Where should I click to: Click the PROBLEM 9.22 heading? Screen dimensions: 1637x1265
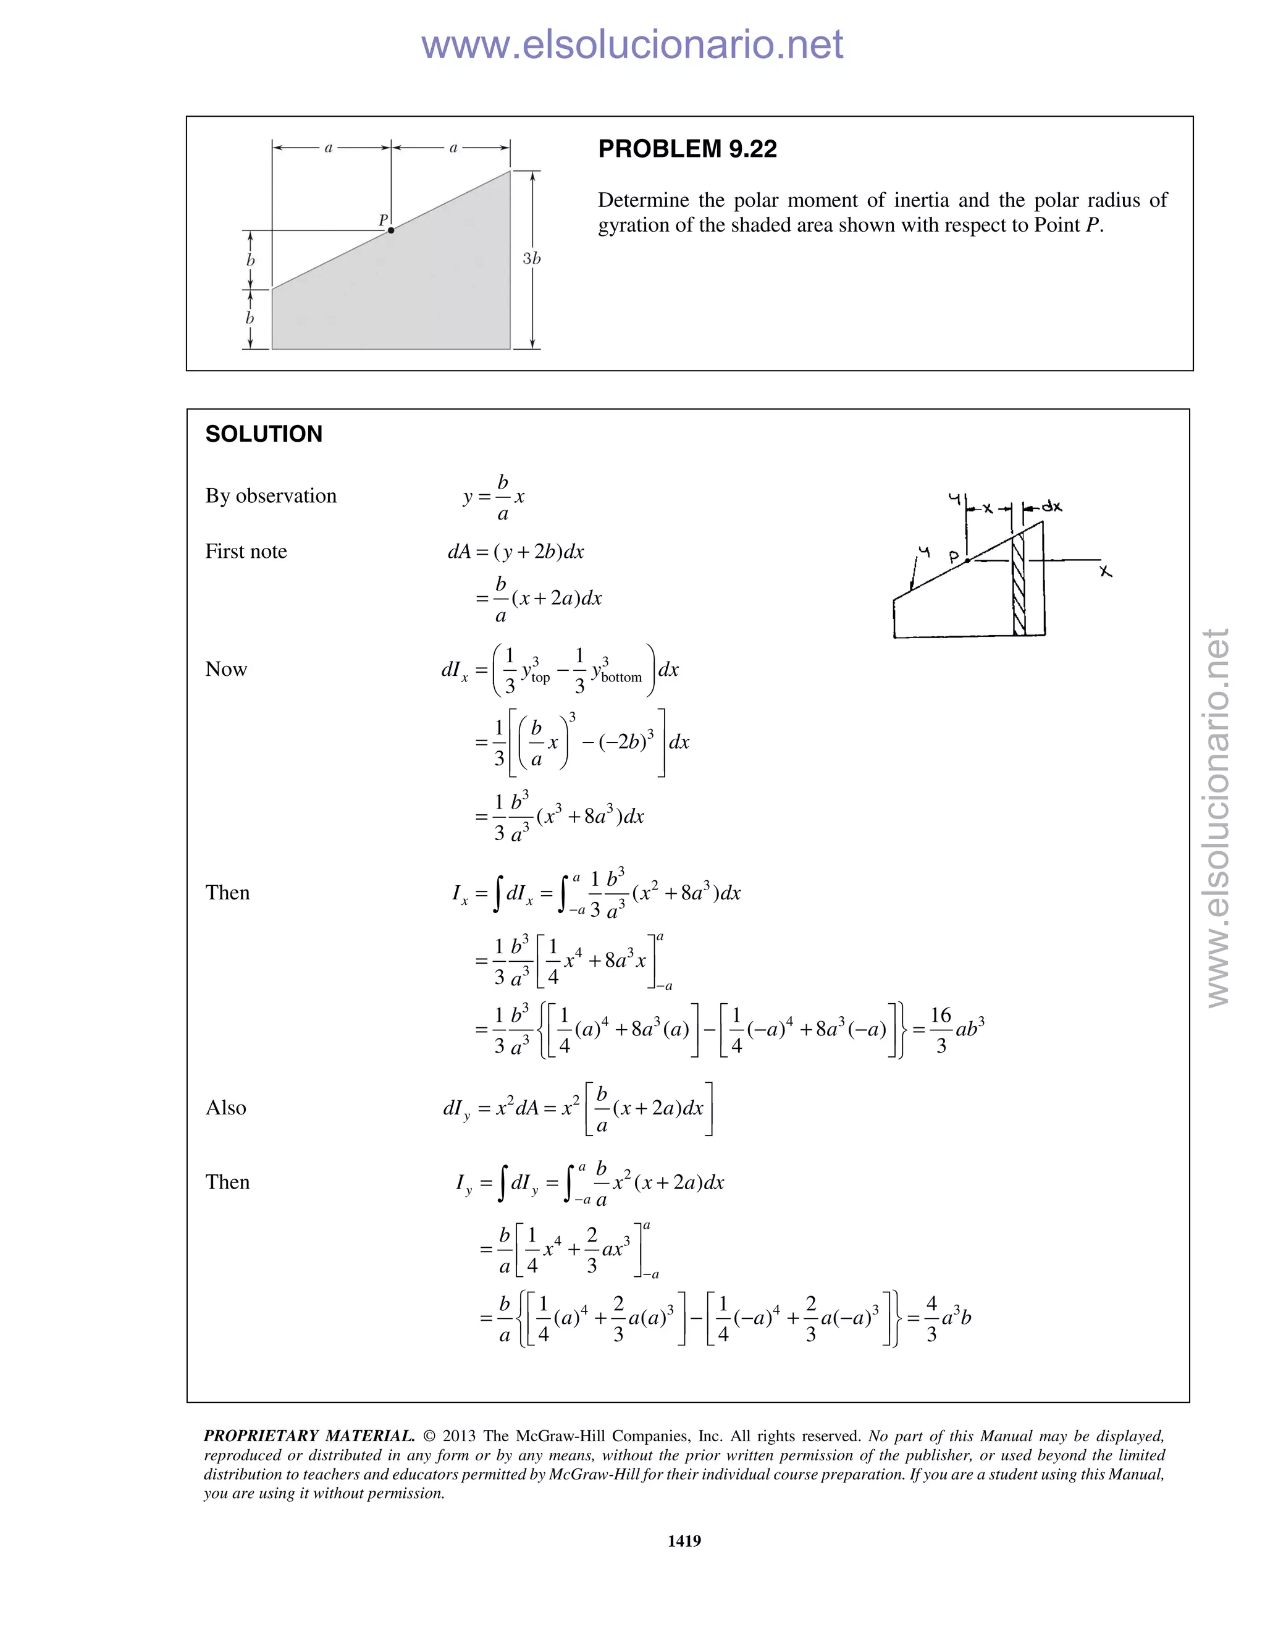pyautogui.click(x=687, y=149)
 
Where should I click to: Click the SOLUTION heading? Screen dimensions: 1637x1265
pyautogui.click(x=264, y=434)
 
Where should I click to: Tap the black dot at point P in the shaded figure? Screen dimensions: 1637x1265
pyautogui.click(x=390, y=230)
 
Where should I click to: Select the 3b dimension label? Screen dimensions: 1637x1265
pyautogui.click(x=531, y=259)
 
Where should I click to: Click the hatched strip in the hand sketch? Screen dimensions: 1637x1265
pyautogui.click(x=1019, y=584)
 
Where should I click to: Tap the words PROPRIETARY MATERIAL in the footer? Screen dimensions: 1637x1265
pyautogui.click(x=309, y=1436)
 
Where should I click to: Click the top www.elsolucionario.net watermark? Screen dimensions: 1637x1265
pyautogui.click(x=632, y=44)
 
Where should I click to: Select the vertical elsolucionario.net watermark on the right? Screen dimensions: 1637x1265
pyautogui.click(x=1218, y=817)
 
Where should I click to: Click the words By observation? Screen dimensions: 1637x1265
pyautogui.click(x=271, y=496)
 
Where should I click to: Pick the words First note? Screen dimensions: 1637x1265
pyautogui.click(x=246, y=552)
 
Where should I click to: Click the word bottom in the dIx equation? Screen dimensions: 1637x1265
pyautogui.click(x=621, y=678)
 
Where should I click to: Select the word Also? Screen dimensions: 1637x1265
pyautogui.click(x=225, y=1108)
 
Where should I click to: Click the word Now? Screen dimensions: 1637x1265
pyautogui.click(x=225, y=670)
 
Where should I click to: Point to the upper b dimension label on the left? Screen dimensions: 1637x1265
pyautogui.click(x=250, y=260)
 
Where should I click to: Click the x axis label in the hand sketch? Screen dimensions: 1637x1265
pyautogui.click(x=1106, y=571)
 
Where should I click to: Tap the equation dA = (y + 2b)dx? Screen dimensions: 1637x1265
pyautogui.click(x=516, y=552)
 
